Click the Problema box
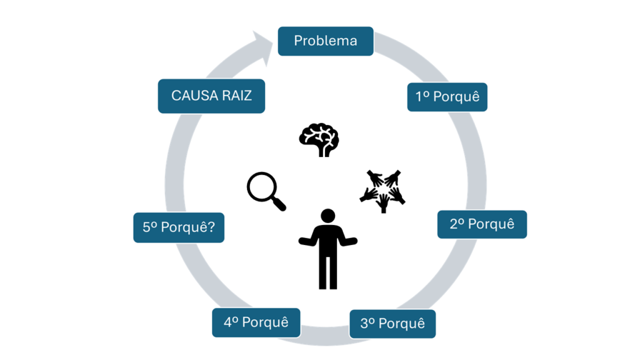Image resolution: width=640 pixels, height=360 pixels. click(326, 41)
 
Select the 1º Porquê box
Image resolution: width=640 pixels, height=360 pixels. click(447, 97)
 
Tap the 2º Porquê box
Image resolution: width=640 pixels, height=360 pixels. click(482, 224)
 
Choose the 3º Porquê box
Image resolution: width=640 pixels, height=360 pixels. click(392, 324)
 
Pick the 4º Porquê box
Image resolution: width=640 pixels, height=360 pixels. click(256, 322)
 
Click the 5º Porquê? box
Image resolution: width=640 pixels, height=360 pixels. click(179, 227)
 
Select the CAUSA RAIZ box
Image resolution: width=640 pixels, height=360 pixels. click(211, 96)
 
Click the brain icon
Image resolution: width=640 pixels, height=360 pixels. click(319, 139)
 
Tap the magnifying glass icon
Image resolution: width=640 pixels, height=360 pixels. click(266, 191)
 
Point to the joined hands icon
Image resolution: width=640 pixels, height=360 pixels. click(382, 190)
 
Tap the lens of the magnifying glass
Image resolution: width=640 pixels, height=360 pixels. click(261, 187)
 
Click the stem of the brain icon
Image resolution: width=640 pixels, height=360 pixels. click(323, 151)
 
